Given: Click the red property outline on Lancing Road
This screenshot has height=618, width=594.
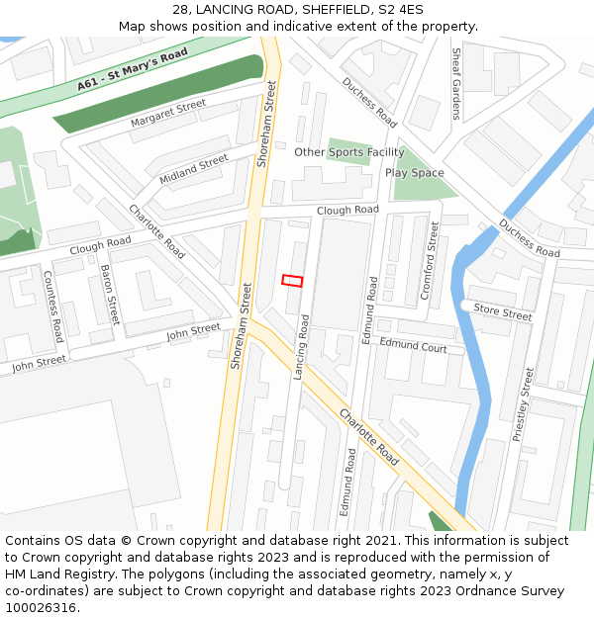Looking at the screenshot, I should pos(292,280).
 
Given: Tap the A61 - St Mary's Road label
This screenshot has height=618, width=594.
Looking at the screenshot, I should pos(133,71).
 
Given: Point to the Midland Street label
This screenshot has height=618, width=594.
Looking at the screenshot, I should pos(193,169).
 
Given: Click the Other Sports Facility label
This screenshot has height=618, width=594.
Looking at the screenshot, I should pos(348,152).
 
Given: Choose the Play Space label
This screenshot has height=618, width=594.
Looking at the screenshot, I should pos(415,173).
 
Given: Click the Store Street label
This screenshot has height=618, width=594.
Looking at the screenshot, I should pos(502,312).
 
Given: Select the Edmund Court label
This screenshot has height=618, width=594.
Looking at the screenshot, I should pos(414,345).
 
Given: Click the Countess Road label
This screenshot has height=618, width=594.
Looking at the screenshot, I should pos(53,305).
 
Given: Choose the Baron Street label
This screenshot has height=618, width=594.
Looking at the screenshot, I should pos(109,296).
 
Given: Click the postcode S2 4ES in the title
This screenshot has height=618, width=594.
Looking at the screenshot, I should pos(400,10).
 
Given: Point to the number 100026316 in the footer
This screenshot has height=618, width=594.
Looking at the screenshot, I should pos(41,608).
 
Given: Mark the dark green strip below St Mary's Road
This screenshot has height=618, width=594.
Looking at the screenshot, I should pos(158,95).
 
